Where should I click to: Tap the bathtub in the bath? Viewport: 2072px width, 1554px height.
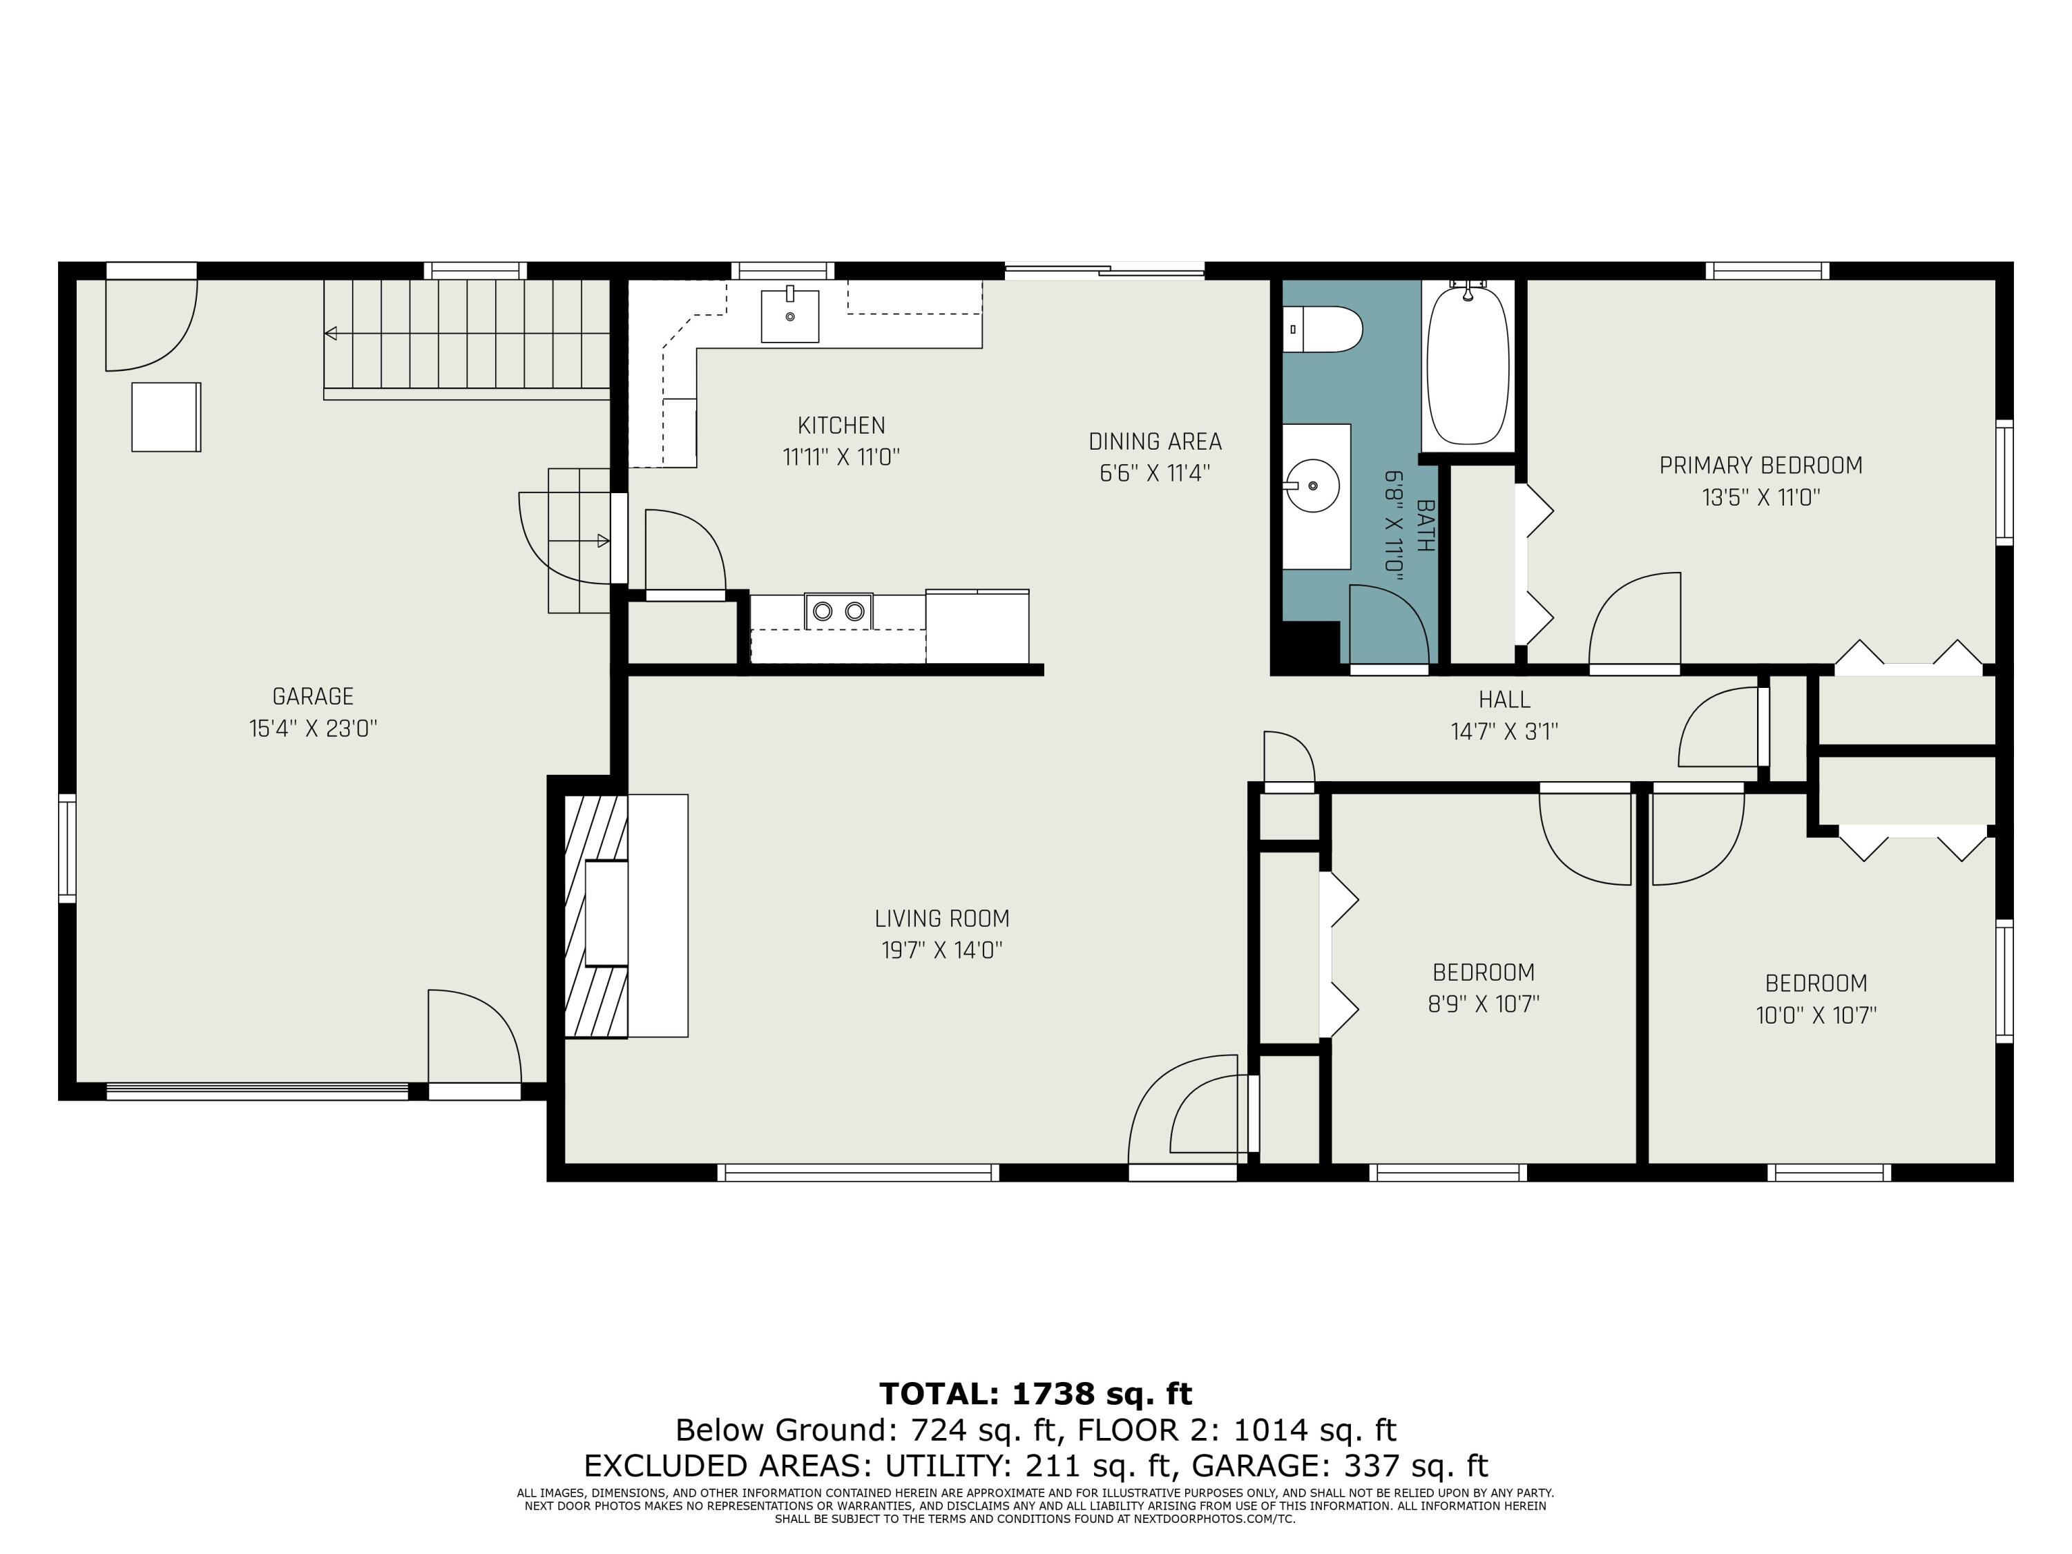(x=1468, y=365)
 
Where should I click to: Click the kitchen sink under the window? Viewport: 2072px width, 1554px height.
(x=789, y=316)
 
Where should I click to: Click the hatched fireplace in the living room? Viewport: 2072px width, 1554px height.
(x=594, y=916)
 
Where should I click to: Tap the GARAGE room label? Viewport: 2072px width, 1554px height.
(x=313, y=697)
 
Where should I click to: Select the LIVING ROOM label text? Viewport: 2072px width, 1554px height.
(x=941, y=919)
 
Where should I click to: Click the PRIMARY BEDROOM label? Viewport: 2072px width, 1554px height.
(x=1760, y=466)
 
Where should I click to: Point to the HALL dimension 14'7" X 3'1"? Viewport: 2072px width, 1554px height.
(x=1504, y=731)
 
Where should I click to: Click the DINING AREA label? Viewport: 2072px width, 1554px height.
(x=1154, y=441)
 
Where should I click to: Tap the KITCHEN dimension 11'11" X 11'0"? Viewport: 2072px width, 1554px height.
(x=841, y=457)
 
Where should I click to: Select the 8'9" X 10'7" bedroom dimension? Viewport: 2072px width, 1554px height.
(x=1483, y=1004)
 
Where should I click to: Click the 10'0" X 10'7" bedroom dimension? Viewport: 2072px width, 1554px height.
(x=1815, y=1015)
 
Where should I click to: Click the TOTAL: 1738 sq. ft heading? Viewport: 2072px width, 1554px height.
(x=1035, y=1394)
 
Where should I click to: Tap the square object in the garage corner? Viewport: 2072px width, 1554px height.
(x=166, y=417)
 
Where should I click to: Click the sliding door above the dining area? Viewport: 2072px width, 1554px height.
(x=1104, y=271)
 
